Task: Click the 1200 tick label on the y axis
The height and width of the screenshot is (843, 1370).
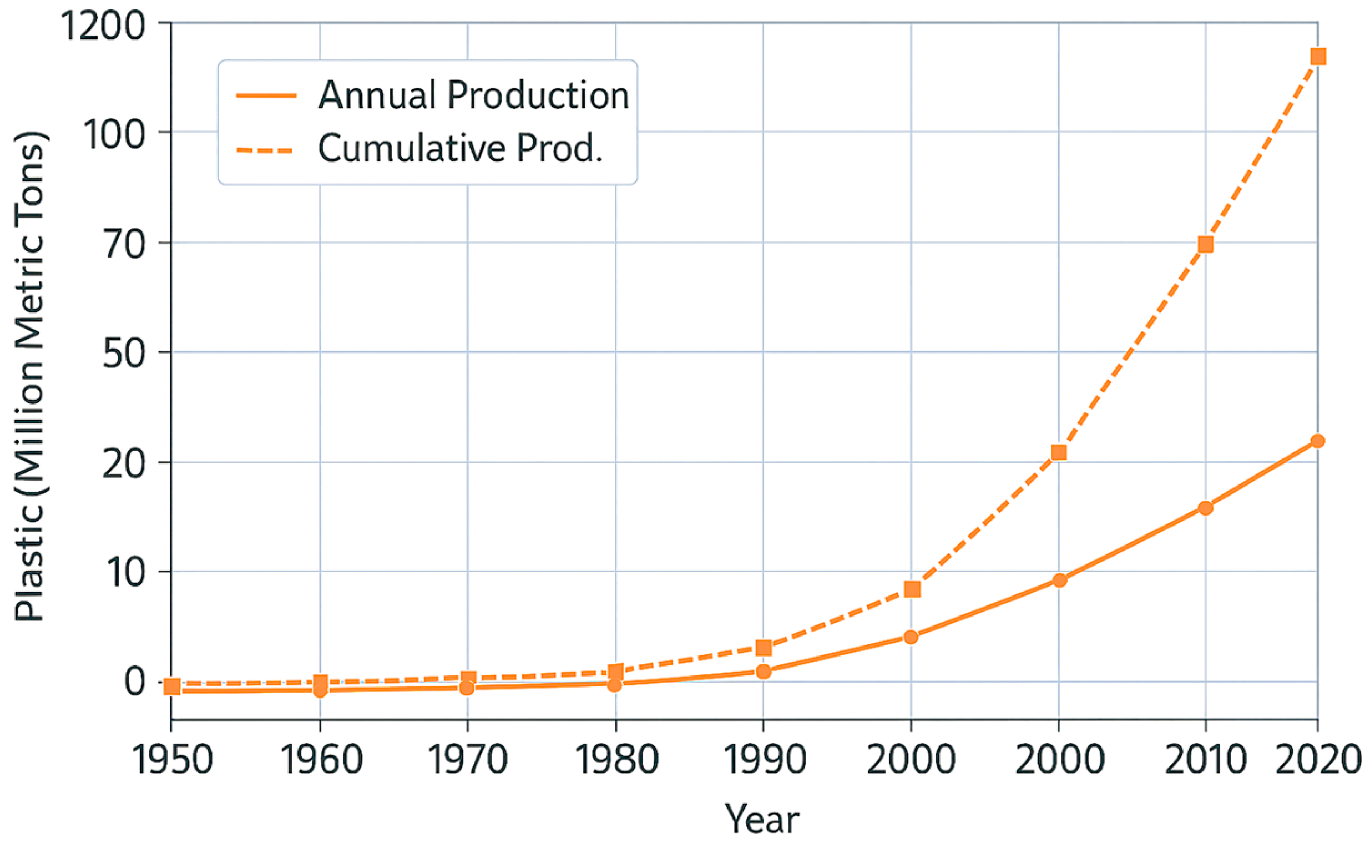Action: pyautogui.click(x=103, y=26)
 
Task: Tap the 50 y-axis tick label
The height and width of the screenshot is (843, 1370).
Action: pyautogui.click(x=124, y=353)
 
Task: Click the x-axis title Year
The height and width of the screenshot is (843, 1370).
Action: pyautogui.click(x=761, y=819)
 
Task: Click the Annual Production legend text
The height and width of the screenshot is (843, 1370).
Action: pyautogui.click(x=473, y=95)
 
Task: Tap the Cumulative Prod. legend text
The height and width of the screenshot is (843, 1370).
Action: pyautogui.click(x=461, y=148)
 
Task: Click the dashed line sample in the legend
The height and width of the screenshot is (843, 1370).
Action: pyautogui.click(x=265, y=150)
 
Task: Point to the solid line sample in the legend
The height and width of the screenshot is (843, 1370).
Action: pyautogui.click(x=266, y=96)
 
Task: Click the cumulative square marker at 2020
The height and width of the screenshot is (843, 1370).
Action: pyautogui.click(x=1318, y=56)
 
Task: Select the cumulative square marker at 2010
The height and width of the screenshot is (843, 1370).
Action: pyautogui.click(x=1206, y=244)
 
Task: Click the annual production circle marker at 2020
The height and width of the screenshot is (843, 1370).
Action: pyautogui.click(x=1318, y=441)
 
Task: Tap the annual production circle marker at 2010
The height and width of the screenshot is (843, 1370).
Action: pyautogui.click(x=1206, y=508)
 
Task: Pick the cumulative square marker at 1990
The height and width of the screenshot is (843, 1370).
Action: pyautogui.click(x=764, y=647)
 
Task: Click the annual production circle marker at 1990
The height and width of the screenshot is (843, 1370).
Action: pyautogui.click(x=764, y=672)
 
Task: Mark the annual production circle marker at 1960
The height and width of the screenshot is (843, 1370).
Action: pyautogui.click(x=320, y=691)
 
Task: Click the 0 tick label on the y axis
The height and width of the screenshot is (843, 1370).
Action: pyautogui.click(x=134, y=682)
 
